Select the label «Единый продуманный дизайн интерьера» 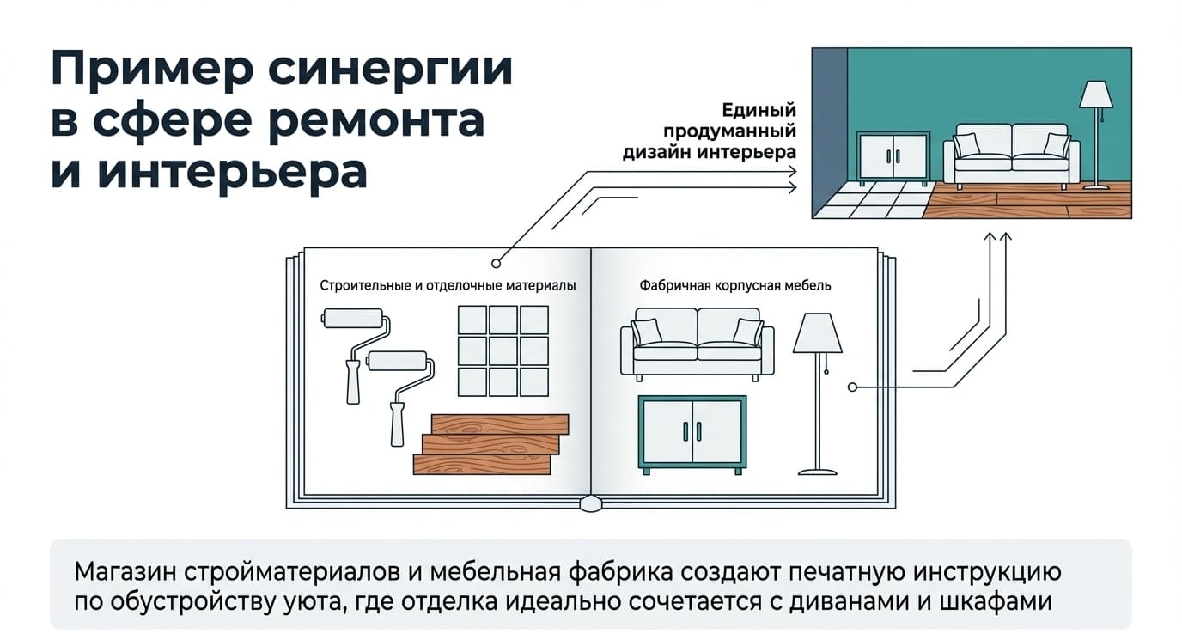coord(710,131)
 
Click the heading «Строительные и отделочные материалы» coord(448,286)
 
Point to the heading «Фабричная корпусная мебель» coord(735,286)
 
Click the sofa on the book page coord(697,344)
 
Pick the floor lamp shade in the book coord(818,333)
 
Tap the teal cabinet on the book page coord(692,435)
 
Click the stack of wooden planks coord(490,444)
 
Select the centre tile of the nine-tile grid coord(503,350)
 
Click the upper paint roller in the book coord(356,354)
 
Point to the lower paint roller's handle coord(397,424)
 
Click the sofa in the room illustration coord(1012,156)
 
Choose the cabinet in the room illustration coord(893,157)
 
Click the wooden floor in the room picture coord(1029,200)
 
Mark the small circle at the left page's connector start coord(496,263)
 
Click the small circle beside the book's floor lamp coord(852,387)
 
